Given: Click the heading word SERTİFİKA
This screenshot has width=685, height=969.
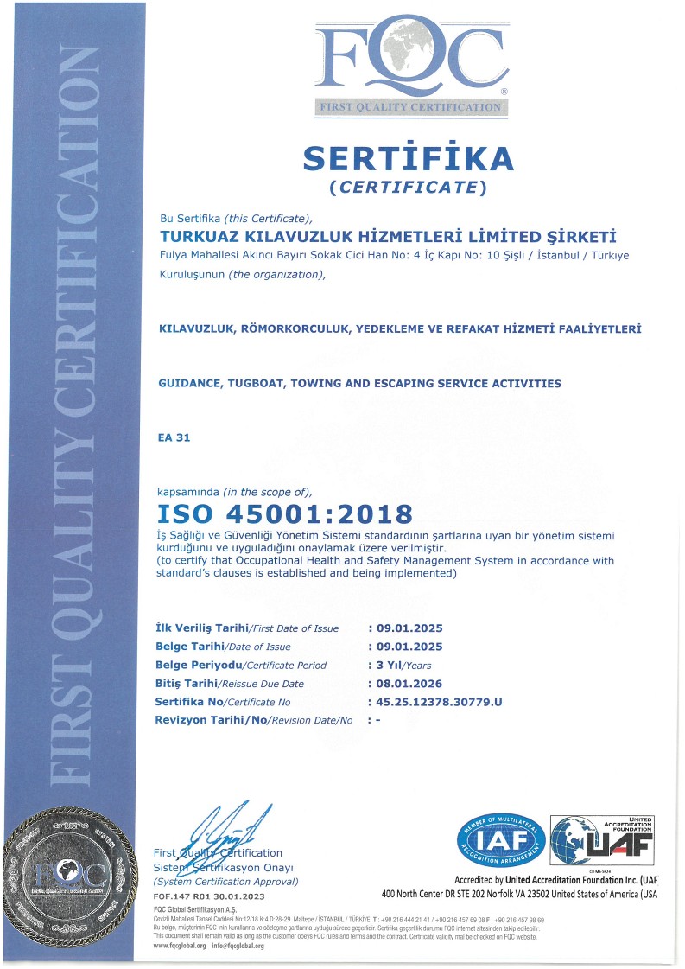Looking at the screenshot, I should click(x=408, y=158).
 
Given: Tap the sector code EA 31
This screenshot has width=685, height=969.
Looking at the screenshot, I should click(x=174, y=437).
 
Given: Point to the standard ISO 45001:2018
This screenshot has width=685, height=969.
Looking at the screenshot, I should click(x=285, y=514).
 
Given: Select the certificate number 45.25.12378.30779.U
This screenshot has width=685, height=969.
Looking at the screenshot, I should click(x=439, y=702).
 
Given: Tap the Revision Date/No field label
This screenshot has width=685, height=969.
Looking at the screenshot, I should click(x=254, y=720).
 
